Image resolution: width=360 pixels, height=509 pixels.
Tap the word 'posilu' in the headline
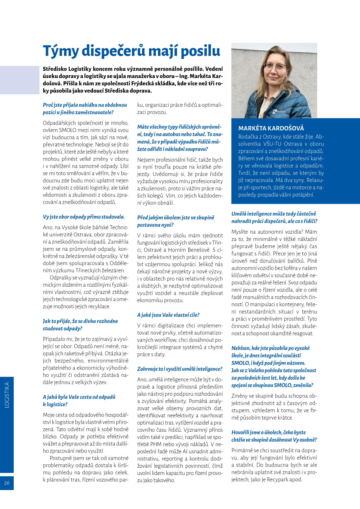click(x=200, y=51)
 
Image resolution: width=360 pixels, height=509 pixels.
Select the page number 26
click(x=7, y=483)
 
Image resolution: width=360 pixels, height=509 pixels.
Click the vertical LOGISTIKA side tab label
click(x=7, y=395)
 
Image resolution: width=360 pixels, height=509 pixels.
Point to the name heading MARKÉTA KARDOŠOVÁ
click(x=271, y=128)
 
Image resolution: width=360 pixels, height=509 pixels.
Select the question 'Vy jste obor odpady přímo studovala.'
click(x=84, y=217)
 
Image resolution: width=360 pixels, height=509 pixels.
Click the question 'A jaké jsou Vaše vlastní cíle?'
click(x=168, y=315)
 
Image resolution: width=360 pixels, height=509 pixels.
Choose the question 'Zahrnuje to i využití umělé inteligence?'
click(x=180, y=369)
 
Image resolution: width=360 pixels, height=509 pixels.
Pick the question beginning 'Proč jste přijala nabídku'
click(x=85, y=109)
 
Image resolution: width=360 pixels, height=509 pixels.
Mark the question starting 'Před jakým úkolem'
click(x=175, y=221)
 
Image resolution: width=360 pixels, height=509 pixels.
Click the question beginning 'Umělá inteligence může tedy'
click(x=274, y=217)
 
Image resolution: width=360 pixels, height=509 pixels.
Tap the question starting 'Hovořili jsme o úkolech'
click(x=274, y=436)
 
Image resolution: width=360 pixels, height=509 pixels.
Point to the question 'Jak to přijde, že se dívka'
click(x=80, y=325)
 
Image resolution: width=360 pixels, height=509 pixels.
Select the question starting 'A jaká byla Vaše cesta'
click(x=79, y=401)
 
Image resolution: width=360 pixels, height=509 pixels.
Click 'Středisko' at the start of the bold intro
click(x=55, y=69)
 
